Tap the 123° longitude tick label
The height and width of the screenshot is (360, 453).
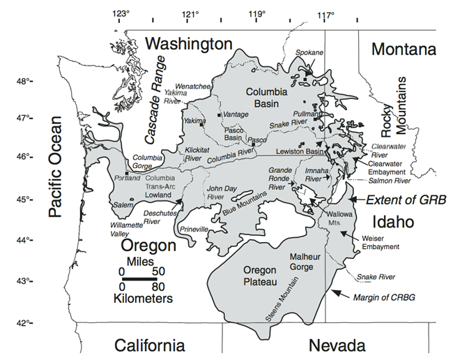click(x=122, y=14)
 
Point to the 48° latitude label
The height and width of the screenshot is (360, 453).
click(x=23, y=82)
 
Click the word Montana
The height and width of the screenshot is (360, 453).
click(x=403, y=50)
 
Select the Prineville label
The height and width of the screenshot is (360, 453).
click(x=193, y=229)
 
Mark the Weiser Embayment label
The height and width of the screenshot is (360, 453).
click(x=381, y=242)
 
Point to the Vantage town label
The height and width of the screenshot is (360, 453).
click(x=235, y=114)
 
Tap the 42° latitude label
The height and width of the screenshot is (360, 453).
click(x=23, y=323)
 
